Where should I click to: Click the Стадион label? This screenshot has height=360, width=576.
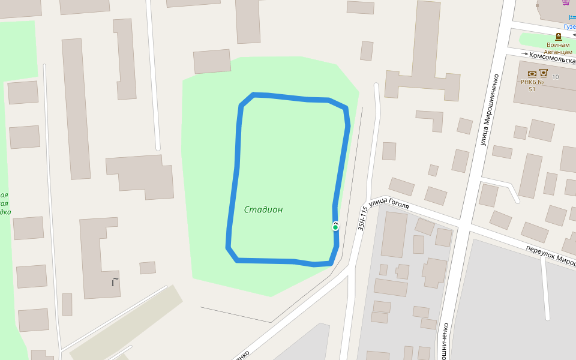(x=263, y=210)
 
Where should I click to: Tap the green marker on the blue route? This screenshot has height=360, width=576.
(x=335, y=227)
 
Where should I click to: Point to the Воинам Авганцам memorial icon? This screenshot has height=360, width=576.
(x=558, y=37)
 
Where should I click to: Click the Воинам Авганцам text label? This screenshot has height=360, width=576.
(x=558, y=49)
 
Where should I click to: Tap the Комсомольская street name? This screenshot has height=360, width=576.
(x=553, y=56)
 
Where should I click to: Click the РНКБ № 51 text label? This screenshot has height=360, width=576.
(x=532, y=85)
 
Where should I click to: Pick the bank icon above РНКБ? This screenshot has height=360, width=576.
(x=532, y=74)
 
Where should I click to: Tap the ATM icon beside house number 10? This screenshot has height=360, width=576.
(x=544, y=73)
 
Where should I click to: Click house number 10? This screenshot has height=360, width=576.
(x=555, y=77)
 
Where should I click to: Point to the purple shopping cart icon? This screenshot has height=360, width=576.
(x=566, y=2)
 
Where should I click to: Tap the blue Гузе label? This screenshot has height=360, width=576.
(x=569, y=26)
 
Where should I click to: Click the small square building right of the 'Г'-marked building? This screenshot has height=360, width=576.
(x=148, y=268)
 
